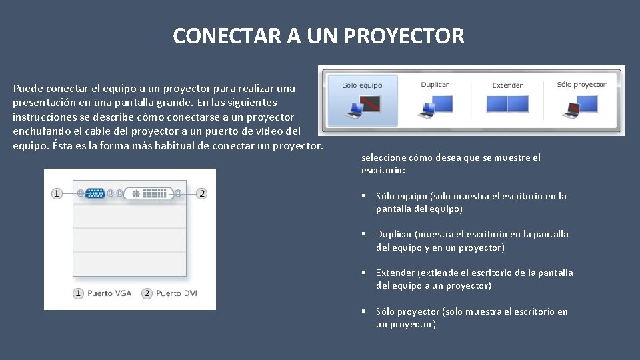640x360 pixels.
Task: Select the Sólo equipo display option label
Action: point(362,85)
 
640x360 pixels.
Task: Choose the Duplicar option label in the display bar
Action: point(435,85)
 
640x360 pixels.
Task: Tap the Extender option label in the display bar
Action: point(507,85)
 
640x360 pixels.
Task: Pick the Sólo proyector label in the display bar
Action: point(581,85)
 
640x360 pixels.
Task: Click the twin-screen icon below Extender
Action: point(507,105)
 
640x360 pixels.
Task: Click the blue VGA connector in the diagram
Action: point(95,193)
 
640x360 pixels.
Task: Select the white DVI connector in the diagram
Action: point(149,193)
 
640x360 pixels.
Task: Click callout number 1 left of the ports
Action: point(57,193)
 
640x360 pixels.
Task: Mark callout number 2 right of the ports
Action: point(201,193)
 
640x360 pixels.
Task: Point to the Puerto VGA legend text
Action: point(109,293)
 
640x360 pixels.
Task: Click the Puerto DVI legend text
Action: point(177,293)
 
